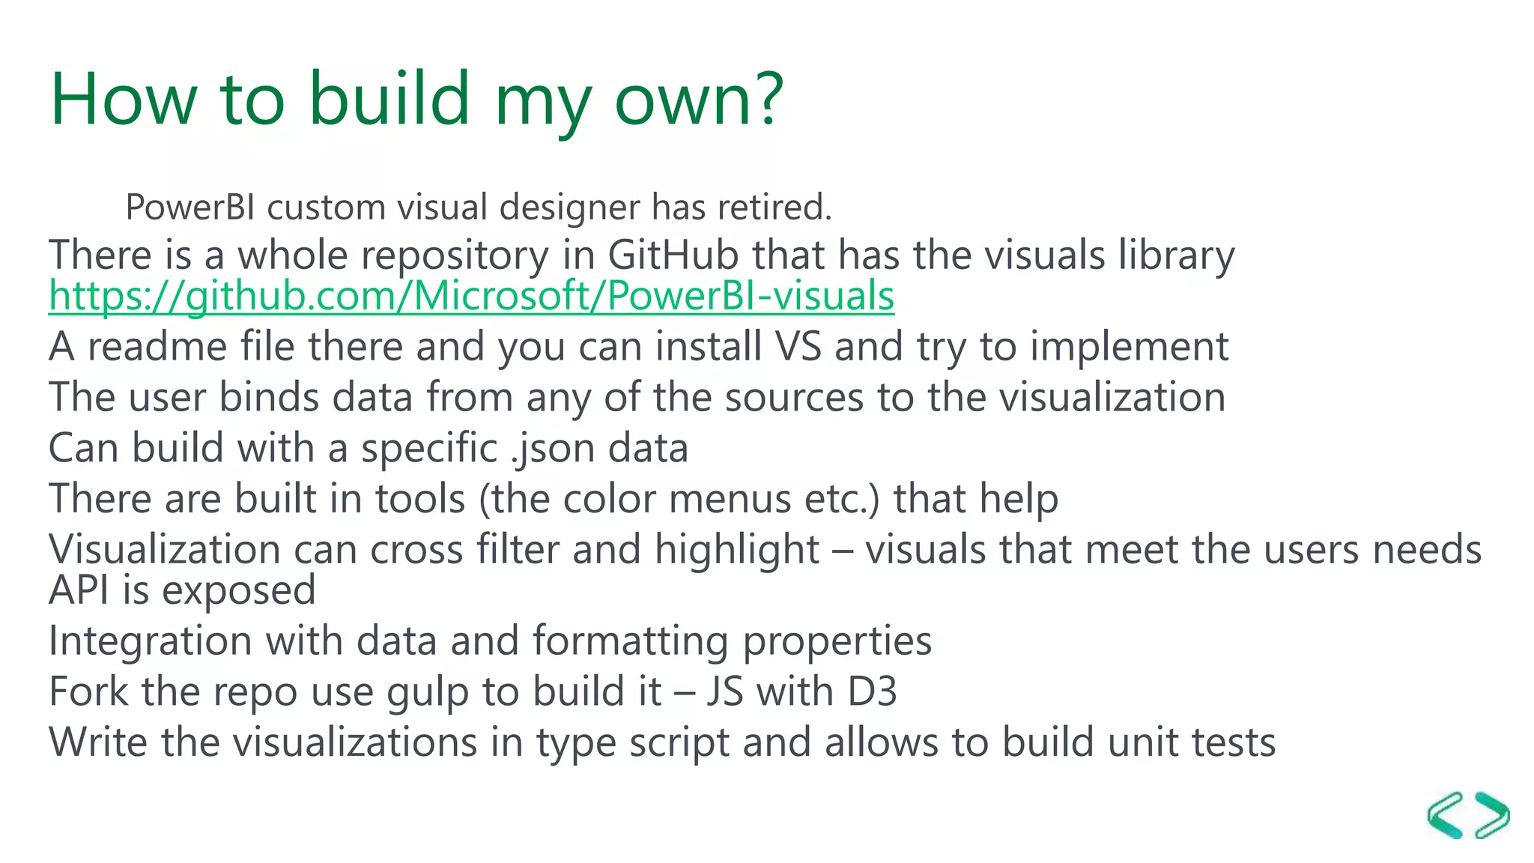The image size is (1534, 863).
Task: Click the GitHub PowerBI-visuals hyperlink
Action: [471, 296]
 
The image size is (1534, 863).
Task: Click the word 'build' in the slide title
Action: [389, 99]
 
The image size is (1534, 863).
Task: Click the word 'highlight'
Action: [737, 550]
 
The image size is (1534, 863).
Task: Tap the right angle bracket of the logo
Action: [1492, 815]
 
